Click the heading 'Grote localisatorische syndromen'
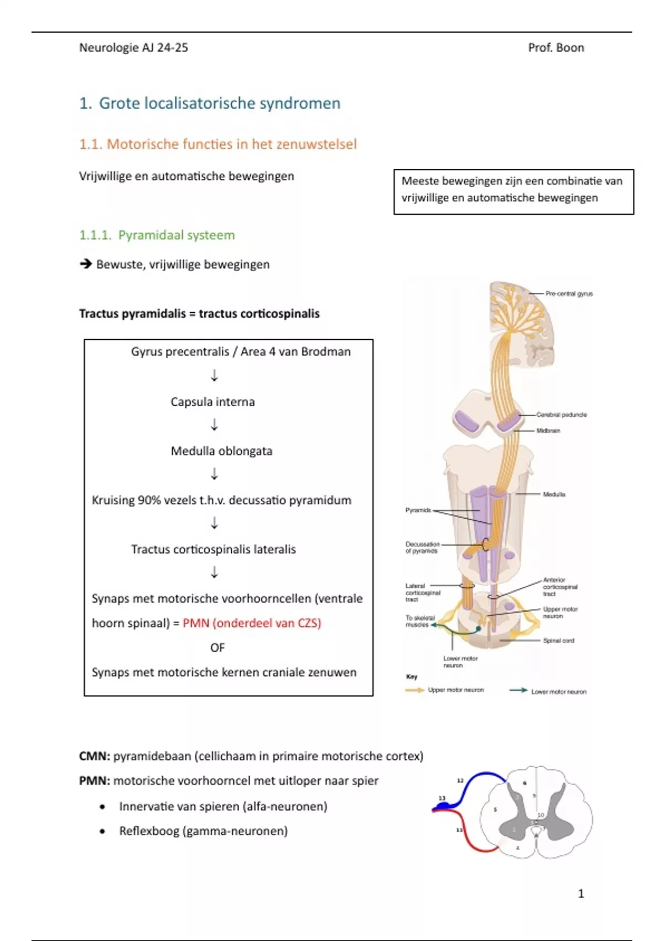219,104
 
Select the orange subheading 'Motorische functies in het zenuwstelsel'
231,144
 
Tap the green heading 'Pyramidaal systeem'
176,235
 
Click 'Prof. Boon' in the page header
556,48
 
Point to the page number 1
580,893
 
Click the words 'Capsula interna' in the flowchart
212,402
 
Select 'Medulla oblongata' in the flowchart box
221,451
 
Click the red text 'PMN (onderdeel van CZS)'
252,623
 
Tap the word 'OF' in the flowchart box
217,648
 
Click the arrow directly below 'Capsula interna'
215,425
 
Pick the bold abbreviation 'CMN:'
95,756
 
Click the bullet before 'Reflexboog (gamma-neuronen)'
102,831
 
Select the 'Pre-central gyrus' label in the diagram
569,294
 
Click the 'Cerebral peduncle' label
561,415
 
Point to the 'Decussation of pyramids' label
422,547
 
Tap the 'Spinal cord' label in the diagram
558,640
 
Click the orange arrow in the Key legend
414,690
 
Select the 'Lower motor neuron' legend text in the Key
558,692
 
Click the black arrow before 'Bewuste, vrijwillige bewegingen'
85,264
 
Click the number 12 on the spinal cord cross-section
460,780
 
